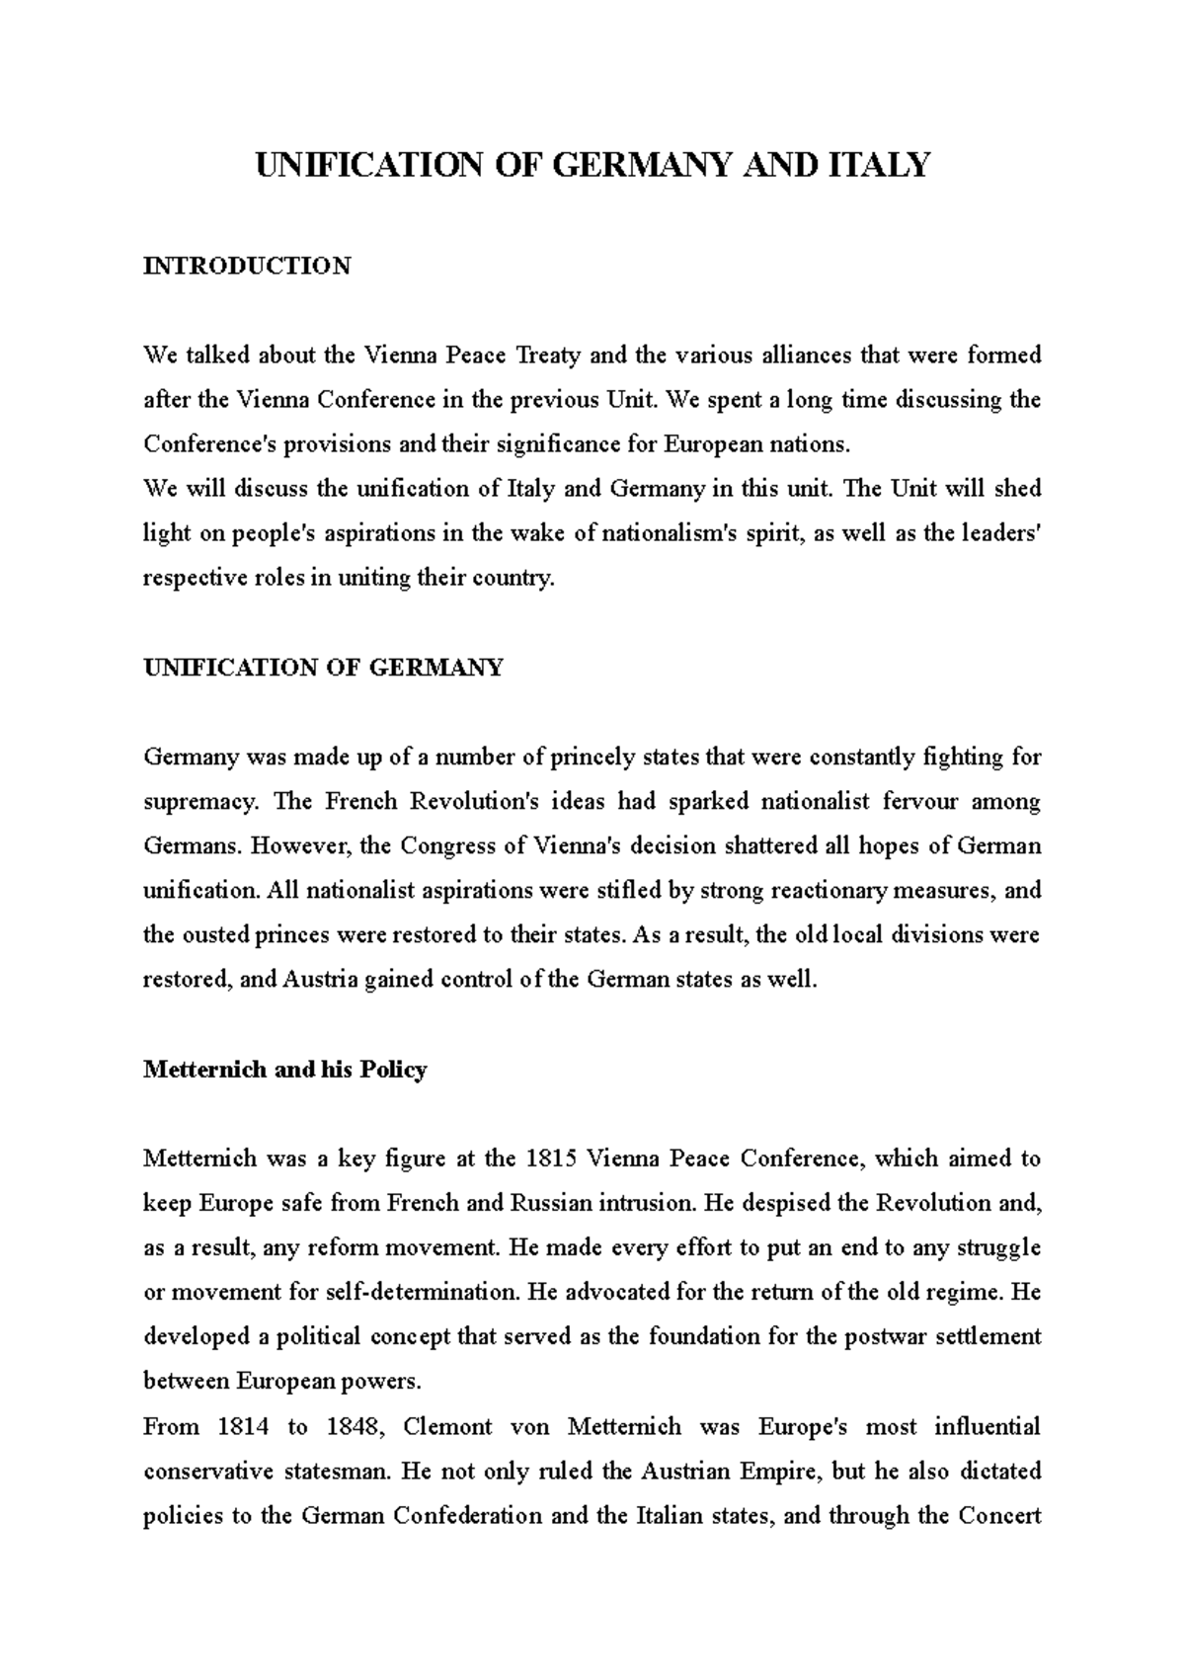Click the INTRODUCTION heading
(247, 266)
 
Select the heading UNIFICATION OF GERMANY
(323, 668)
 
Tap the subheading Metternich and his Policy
(284, 1070)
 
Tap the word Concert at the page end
(999, 1516)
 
